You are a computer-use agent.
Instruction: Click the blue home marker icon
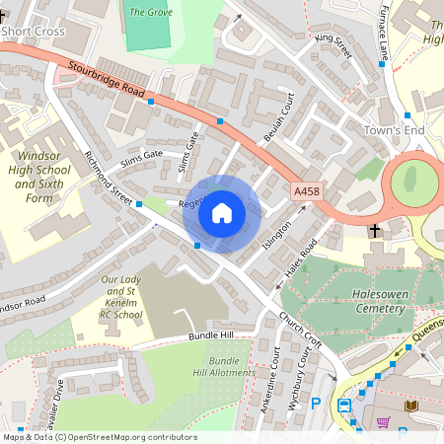tap(222, 213)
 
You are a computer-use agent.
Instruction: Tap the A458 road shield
tap(307, 190)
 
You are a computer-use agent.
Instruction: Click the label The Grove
tap(150, 12)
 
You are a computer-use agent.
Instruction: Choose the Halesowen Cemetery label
tap(366, 301)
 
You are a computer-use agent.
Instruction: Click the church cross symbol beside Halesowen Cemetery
tap(374, 231)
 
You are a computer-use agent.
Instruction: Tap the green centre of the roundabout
tap(414, 183)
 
